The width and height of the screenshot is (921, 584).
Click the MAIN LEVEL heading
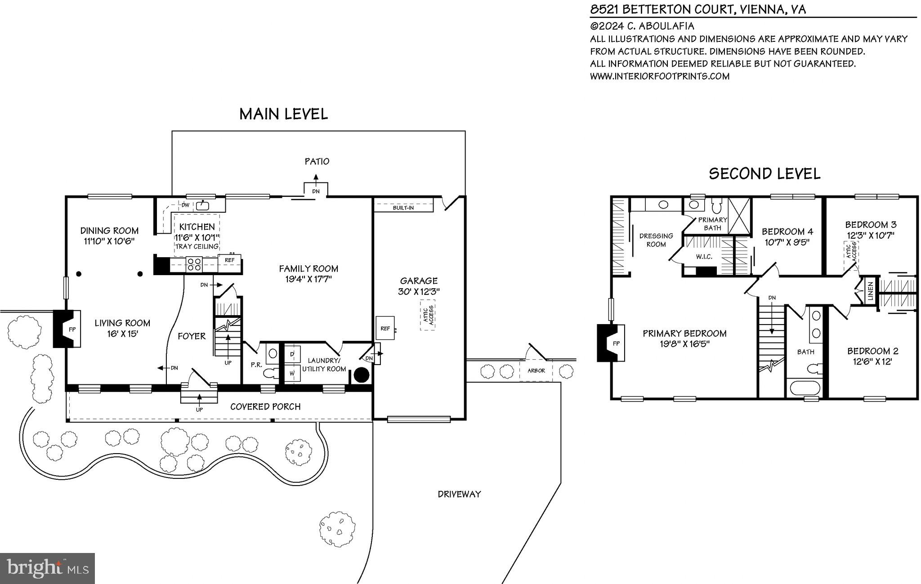click(283, 114)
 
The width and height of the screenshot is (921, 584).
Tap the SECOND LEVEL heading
click(764, 174)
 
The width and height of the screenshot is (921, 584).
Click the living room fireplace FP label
click(72, 329)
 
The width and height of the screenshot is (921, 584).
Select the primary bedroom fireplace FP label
click(616, 343)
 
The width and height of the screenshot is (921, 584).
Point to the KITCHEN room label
click(197, 227)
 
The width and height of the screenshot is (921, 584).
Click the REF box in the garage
click(385, 328)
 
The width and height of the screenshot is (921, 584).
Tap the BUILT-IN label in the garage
click(403, 208)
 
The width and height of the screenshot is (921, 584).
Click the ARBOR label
click(536, 370)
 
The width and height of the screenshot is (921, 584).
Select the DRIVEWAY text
click(459, 494)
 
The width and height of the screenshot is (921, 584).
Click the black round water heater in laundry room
click(362, 375)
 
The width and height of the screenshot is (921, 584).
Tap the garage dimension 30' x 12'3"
click(419, 291)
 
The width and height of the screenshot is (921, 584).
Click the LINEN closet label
click(870, 291)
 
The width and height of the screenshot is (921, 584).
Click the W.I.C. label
click(704, 257)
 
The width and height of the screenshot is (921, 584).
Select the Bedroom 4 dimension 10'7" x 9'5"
click(787, 242)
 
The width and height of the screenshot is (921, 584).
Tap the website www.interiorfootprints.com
click(659, 76)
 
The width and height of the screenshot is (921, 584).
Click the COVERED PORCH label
click(265, 406)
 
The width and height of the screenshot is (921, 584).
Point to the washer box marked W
click(292, 373)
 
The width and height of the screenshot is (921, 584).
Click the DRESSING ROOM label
click(656, 240)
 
